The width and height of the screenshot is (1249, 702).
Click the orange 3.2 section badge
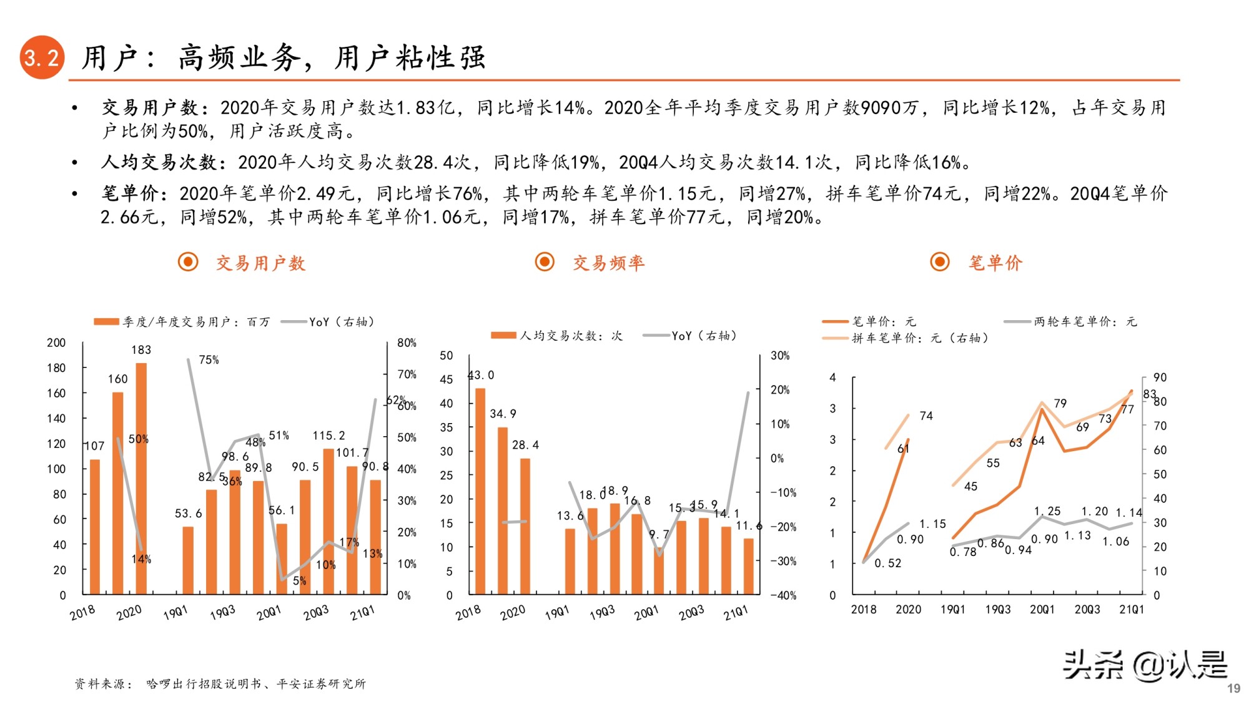42,57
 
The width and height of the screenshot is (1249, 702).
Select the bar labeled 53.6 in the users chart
188,560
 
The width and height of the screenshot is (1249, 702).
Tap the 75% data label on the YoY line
209,360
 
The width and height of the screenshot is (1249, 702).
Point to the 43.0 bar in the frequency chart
480,490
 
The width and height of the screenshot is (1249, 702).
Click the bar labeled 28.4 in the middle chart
525,526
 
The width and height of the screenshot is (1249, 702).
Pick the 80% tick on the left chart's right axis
407,343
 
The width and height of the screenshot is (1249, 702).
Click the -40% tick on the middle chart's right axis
783,595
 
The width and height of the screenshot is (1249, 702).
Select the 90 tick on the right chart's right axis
1160,378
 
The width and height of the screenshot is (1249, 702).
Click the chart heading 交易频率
608,263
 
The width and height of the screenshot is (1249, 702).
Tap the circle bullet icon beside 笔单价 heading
940,262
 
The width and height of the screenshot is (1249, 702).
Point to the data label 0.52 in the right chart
887,563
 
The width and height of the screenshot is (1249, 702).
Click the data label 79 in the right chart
1060,403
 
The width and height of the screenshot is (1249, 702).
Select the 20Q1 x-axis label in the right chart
1042,609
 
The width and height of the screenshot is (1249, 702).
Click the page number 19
1233,688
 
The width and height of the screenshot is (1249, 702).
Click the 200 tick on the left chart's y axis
56,343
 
